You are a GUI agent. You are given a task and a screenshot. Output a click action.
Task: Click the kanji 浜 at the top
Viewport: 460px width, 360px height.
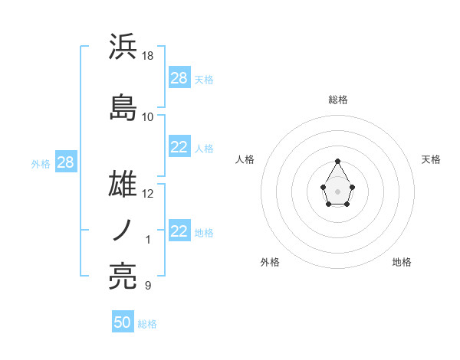(123, 47)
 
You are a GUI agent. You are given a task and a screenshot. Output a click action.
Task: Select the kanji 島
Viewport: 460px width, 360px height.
(123, 106)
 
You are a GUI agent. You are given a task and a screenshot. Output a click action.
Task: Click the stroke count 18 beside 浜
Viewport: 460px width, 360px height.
(149, 56)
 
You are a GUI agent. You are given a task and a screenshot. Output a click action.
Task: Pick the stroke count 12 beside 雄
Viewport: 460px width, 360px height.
(149, 194)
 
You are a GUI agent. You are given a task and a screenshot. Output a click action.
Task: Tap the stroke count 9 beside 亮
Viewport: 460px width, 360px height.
(147, 286)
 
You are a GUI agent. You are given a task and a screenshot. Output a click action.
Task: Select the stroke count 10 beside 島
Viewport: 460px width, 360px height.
(148, 116)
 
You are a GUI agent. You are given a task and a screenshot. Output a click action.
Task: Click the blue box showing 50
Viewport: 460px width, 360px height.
(123, 322)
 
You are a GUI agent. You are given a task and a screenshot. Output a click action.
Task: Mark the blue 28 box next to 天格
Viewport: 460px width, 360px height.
(179, 78)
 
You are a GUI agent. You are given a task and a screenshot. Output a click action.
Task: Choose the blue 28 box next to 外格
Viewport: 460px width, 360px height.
(64, 163)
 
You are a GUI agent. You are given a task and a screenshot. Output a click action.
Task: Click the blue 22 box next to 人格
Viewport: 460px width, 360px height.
(179, 147)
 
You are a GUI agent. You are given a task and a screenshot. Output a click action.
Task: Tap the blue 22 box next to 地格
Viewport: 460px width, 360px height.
(179, 231)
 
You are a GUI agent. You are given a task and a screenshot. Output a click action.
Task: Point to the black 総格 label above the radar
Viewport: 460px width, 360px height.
(338, 100)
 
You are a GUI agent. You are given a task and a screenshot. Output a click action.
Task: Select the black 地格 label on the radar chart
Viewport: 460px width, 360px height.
(402, 262)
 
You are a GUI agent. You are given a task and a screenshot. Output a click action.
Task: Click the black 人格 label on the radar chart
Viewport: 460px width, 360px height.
(245, 159)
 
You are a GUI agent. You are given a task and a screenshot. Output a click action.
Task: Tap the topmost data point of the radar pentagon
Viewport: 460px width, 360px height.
(338, 161)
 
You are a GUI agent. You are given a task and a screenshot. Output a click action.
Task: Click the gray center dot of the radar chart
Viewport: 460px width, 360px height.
(338, 190)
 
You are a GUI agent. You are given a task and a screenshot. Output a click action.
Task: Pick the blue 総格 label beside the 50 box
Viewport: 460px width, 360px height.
(147, 324)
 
